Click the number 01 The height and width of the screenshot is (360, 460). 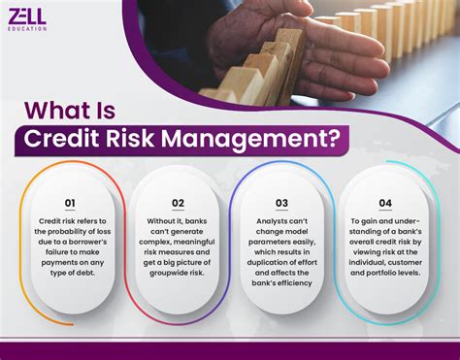tap(70, 203)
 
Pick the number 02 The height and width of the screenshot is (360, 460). tap(178, 203)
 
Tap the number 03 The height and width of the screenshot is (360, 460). tap(281, 203)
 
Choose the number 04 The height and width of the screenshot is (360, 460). tap(387, 203)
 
